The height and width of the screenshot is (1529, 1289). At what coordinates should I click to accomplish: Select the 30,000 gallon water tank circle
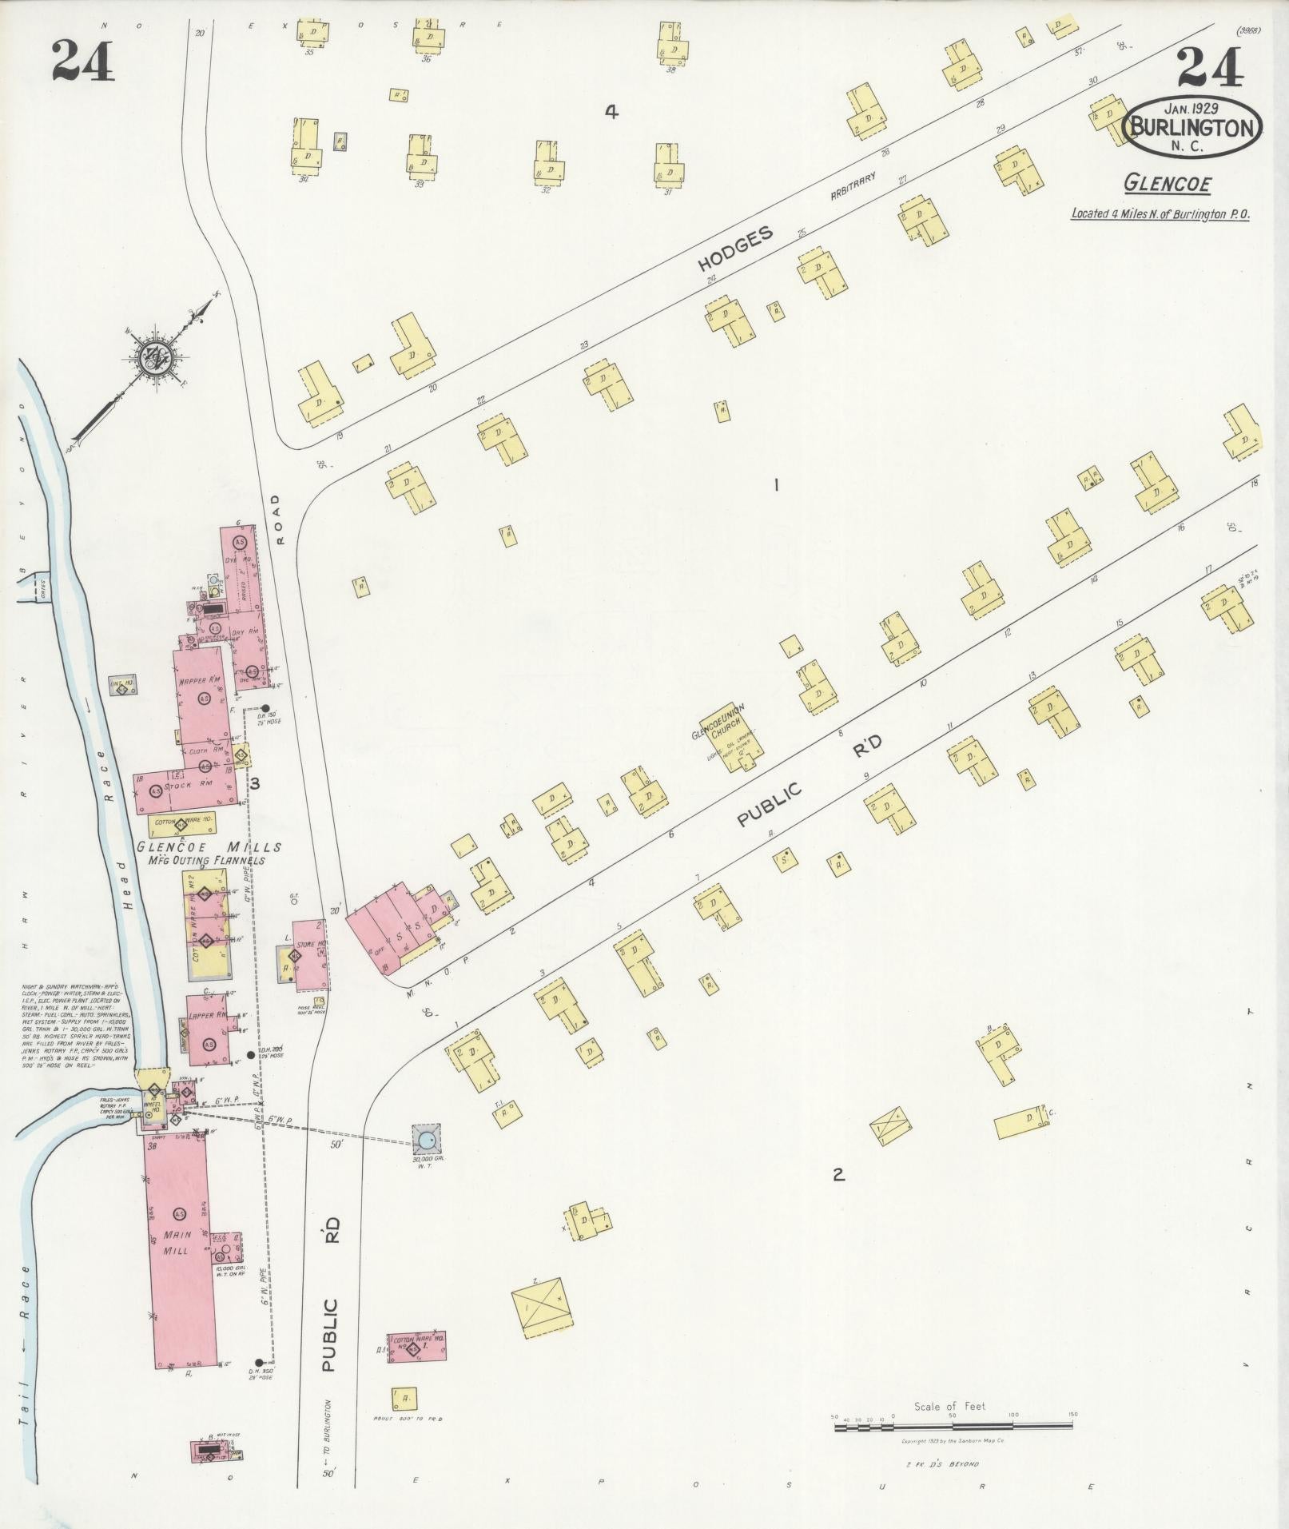click(x=427, y=1138)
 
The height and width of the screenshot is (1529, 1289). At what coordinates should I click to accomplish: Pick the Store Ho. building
click(x=310, y=954)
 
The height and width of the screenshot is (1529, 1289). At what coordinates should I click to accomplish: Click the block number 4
click(x=611, y=113)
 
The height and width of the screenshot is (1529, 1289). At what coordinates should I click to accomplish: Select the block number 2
click(x=838, y=1175)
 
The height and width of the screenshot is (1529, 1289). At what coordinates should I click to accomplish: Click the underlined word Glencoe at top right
click(x=1167, y=184)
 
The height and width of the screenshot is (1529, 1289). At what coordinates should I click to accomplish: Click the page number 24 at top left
click(x=82, y=62)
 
